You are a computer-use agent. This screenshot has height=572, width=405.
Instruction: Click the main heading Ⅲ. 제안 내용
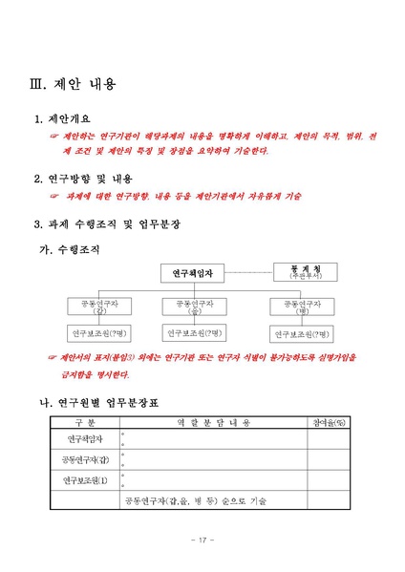click(x=75, y=86)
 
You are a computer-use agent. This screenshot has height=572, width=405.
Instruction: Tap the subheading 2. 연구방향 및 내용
click(x=83, y=179)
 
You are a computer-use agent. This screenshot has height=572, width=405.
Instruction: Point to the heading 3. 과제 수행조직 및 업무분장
click(x=107, y=223)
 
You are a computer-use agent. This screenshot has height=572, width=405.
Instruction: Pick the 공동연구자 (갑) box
click(x=94, y=306)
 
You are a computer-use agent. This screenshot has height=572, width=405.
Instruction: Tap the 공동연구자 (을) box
click(x=195, y=306)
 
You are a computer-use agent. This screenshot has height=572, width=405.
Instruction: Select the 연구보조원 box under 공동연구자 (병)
click(x=302, y=334)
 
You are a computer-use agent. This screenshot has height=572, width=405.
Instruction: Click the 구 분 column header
click(x=85, y=422)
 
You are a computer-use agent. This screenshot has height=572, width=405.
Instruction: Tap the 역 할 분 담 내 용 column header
click(x=213, y=422)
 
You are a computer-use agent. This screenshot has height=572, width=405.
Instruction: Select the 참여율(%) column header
click(x=328, y=422)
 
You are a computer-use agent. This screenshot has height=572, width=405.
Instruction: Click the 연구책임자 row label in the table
click(x=85, y=439)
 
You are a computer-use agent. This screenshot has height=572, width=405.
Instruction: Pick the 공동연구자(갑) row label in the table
click(x=85, y=459)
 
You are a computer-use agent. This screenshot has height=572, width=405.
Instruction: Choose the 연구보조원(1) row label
click(x=85, y=479)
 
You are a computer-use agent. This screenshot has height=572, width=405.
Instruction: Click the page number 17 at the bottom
click(x=202, y=541)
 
